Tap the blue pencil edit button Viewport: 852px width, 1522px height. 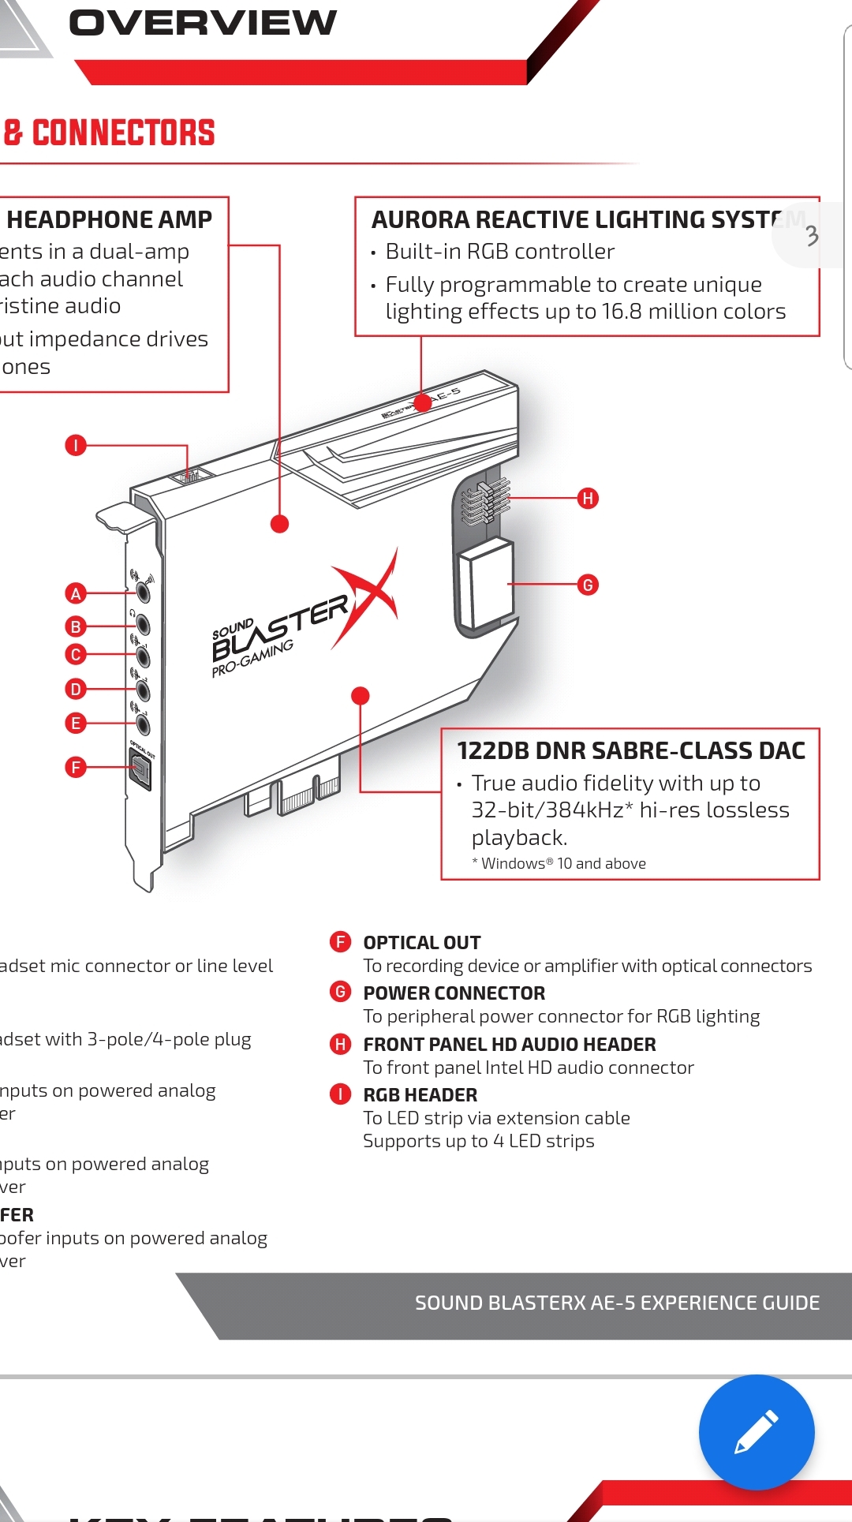coord(756,1432)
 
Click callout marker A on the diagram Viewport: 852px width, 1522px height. coord(76,593)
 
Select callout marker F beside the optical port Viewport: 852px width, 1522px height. coord(76,767)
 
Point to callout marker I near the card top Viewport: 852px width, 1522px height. coord(76,445)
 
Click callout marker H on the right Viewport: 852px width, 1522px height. coord(588,499)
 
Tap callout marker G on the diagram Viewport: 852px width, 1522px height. coord(588,585)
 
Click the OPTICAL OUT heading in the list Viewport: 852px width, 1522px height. coord(421,943)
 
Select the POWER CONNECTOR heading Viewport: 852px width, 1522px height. coord(454,993)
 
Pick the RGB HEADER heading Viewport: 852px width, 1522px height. coord(420,1095)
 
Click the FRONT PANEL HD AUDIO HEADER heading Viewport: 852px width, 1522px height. coord(509,1045)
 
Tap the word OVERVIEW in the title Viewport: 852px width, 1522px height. coord(203,23)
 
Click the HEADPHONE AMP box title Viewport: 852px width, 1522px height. coord(109,219)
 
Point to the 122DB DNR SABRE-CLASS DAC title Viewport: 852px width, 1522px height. coord(631,750)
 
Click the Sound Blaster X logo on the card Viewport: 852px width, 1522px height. coord(304,619)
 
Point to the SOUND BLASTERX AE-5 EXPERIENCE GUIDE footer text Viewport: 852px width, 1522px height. coord(617,1303)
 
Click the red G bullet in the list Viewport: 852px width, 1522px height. coord(340,992)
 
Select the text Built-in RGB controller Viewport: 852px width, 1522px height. coord(499,252)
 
